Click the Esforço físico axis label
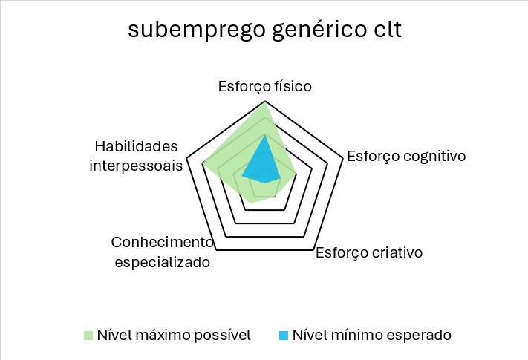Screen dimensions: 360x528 (264, 86)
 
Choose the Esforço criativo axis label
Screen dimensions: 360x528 (369, 252)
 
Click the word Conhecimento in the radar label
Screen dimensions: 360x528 (161, 243)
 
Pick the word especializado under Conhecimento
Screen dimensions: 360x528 (163, 262)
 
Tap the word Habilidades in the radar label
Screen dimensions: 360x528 (138, 145)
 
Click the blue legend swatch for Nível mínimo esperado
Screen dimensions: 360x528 (284, 336)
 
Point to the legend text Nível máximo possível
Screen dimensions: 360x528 (174, 335)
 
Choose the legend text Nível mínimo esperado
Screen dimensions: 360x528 (371, 335)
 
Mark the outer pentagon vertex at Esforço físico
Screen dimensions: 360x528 (265, 102)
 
